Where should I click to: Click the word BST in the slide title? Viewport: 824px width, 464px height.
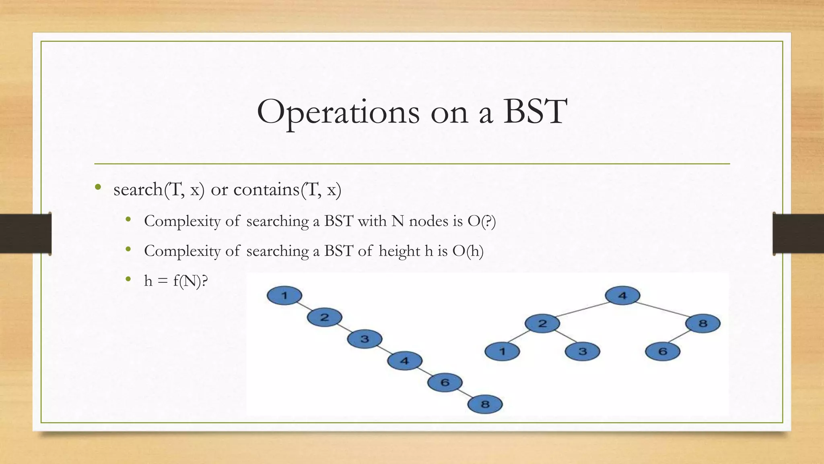pyautogui.click(x=535, y=112)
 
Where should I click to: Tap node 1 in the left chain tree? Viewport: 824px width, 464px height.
pyautogui.click(x=284, y=296)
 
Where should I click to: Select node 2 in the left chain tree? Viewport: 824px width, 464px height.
pyautogui.click(x=324, y=317)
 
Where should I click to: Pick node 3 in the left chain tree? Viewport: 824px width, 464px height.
pyautogui.click(x=365, y=339)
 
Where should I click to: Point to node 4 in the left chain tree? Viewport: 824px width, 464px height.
pyautogui.click(x=405, y=360)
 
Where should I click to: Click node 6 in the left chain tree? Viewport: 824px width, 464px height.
pyautogui.click(x=445, y=382)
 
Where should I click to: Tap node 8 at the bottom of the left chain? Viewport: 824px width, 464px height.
pyautogui.click(x=485, y=404)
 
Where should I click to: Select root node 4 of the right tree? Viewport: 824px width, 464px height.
pyautogui.click(x=622, y=296)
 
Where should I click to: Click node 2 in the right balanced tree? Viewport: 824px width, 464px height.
pyautogui.click(x=542, y=323)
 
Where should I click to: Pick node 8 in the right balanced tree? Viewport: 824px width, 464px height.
pyautogui.click(x=703, y=323)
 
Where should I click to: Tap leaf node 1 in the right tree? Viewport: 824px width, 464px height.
pyautogui.click(x=502, y=352)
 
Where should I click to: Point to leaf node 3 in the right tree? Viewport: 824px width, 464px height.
pyautogui.click(x=583, y=352)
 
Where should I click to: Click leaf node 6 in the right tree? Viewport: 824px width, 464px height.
pyautogui.click(x=663, y=352)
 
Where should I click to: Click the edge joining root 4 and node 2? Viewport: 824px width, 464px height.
pyautogui.click(x=582, y=309)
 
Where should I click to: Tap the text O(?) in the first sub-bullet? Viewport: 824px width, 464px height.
pyautogui.click(x=482, y=221)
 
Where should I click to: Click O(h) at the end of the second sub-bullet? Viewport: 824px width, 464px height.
pyautogui.click(x=468, y=251)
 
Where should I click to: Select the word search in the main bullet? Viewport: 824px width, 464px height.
pyautogui.click(x=138, y=189)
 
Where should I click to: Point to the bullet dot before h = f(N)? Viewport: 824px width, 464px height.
pyautogui.click(x=128, y=279)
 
